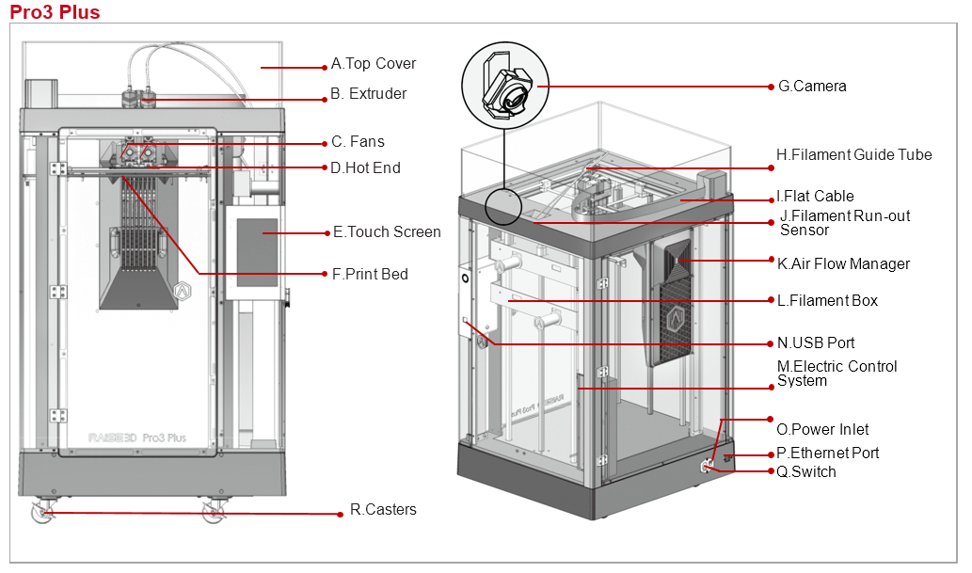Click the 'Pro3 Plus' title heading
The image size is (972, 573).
[55, 12]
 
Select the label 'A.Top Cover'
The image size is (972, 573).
[373, 64]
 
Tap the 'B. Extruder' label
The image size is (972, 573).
[368, 94]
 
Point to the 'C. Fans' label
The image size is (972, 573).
[358, 142]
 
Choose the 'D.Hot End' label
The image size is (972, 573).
[365, 168]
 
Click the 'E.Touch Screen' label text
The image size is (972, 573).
[387, 232]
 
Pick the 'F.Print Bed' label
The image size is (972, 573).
[370, 275]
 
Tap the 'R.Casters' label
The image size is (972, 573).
[383, 510]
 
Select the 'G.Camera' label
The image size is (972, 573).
[812, 87]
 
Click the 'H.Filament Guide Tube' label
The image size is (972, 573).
[853, 155]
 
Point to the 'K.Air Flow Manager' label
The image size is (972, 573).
[843, 264]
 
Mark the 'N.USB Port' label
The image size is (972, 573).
[816, 343]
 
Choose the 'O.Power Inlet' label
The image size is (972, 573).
[822, 430]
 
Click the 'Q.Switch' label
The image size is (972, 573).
[805, 472]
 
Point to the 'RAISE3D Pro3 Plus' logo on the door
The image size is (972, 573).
[136, 438]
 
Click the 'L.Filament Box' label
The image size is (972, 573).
[827, 301]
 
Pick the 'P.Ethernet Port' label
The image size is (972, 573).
[827, 454]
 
